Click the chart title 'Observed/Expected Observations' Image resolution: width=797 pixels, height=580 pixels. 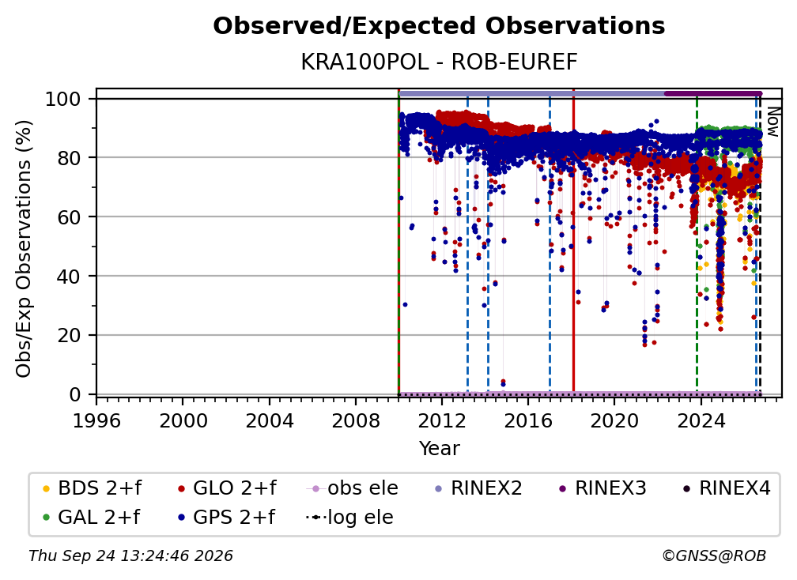tap(439, 26)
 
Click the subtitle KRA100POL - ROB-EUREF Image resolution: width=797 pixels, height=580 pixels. tap(439, 62)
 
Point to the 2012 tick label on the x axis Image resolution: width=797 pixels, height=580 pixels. tap(442, 421)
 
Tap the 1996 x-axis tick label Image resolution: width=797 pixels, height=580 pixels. tap(96, 421)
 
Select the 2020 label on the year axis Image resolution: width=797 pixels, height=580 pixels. tap(614, 421)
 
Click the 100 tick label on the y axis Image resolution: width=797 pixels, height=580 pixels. tap(63, 99)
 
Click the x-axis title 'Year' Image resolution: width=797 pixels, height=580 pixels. tap(439, 449)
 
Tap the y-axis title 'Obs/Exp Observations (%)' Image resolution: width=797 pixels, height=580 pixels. tap(24, 248)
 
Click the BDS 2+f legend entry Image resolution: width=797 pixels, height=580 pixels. tap(92, 488)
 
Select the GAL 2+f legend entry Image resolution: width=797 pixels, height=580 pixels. tap(91, 518)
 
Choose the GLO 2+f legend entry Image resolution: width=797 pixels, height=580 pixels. tap(227, 488)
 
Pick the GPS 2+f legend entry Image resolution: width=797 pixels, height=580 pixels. tap(226, 518)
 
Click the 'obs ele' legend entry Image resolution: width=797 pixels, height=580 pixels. tap(353, 488)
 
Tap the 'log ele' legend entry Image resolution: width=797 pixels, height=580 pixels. tap(349, 518)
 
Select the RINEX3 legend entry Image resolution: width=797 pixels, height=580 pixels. tap(602, 488)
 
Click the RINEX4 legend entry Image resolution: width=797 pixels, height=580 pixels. tap(726, 488)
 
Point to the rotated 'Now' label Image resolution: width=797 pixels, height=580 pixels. tap(772, 122)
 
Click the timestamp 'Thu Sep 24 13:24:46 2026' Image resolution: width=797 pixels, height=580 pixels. tap(130, 556)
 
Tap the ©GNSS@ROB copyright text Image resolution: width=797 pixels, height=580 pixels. tap(714, 556)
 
